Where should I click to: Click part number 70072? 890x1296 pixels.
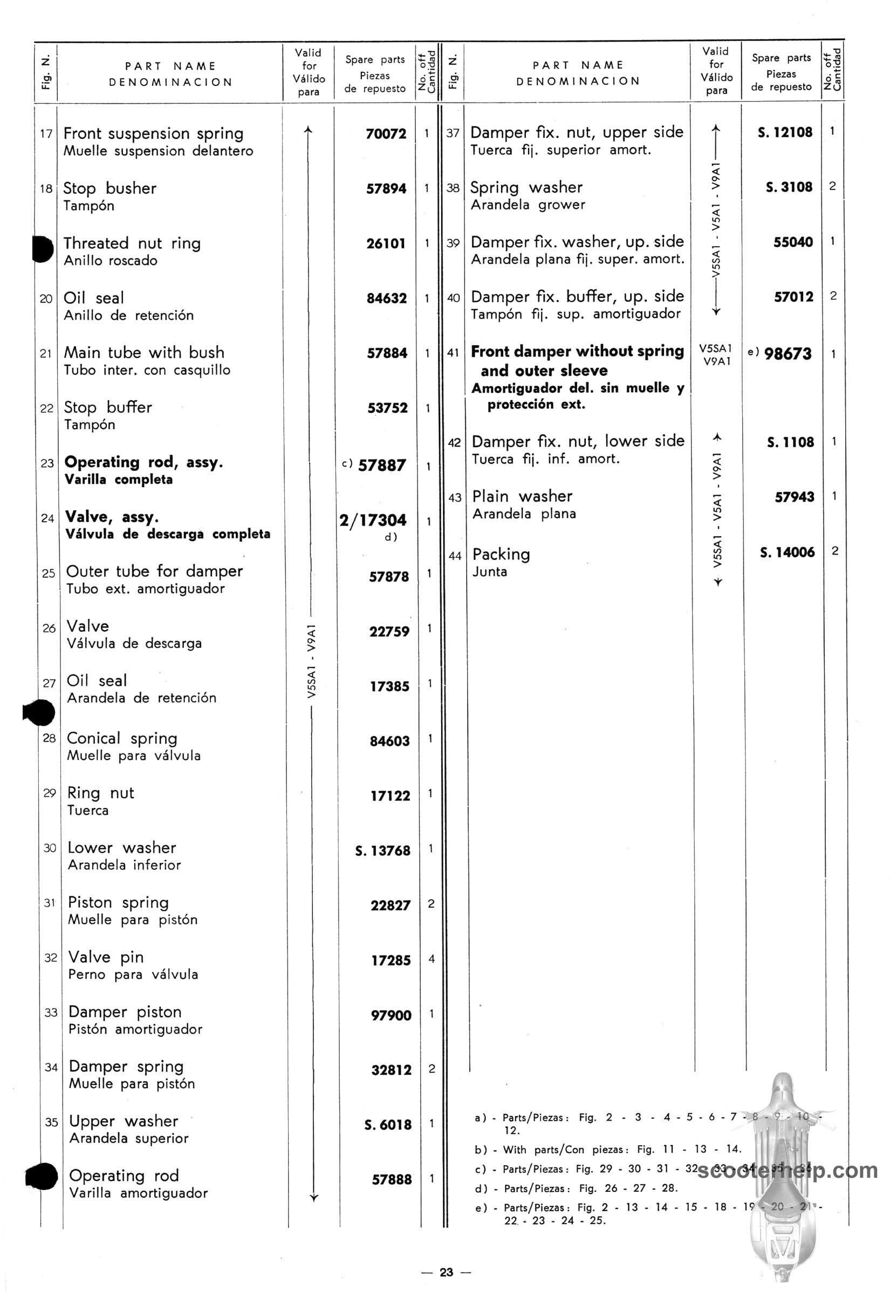386,134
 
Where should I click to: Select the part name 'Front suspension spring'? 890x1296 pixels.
153,134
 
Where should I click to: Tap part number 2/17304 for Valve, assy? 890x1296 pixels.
373,521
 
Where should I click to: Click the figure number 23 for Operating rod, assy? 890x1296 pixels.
47,463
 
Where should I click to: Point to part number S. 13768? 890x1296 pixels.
382,850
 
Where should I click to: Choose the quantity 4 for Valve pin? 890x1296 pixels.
431,959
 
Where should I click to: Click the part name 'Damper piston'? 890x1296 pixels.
125,1012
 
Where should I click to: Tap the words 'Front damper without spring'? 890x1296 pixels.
577,351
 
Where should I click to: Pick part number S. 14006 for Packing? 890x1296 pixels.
787,552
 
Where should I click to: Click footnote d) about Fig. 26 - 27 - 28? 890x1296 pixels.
576,1189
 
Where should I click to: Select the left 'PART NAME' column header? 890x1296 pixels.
170,66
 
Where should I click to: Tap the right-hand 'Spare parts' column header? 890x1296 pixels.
781,58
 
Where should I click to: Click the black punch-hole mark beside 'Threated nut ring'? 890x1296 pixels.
43,249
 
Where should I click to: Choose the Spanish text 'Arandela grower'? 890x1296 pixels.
528,205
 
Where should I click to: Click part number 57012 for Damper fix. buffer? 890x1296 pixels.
793,297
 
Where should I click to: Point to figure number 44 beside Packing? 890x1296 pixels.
455,556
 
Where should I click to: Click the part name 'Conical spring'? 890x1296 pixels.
121,738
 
